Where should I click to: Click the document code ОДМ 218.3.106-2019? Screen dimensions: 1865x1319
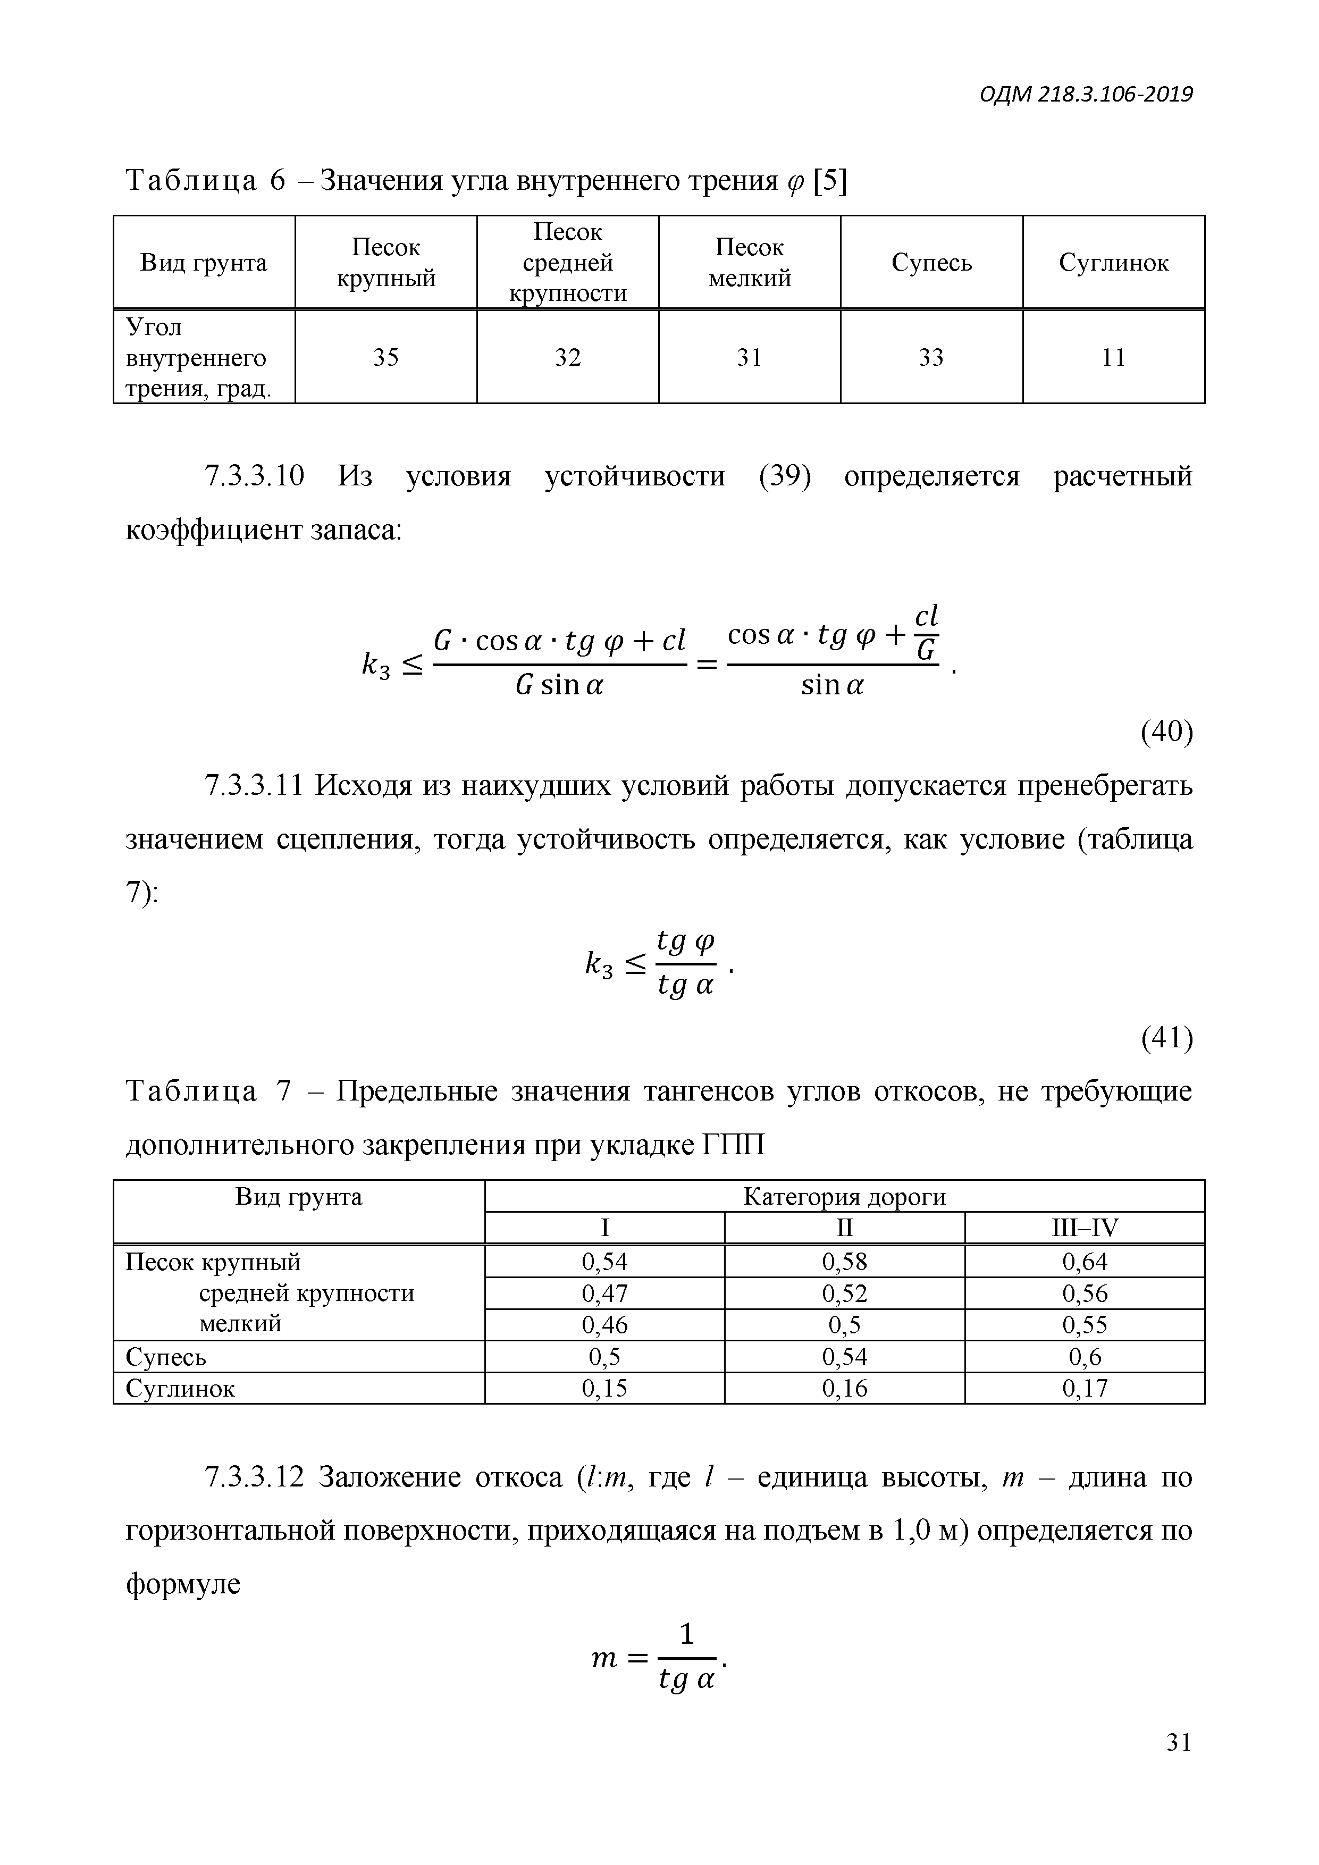pos(1086,95)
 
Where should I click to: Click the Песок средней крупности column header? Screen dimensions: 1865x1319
pos(568,263)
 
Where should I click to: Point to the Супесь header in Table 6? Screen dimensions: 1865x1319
pos(931,263)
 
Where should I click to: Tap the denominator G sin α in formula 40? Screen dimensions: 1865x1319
pos(560,686)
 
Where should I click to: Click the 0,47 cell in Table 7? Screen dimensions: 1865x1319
pos(604,1293)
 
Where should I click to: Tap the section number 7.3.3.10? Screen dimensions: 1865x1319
pos(254,476)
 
